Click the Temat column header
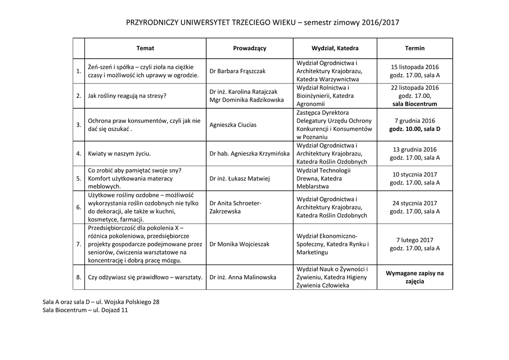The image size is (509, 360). pos(145,48)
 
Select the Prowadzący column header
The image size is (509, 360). pos(250,48)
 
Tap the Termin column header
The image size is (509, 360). pos(415,48)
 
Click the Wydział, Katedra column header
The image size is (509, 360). pos(335,48)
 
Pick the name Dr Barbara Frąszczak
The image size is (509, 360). pos(238,71)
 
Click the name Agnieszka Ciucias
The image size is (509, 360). pos(233,125)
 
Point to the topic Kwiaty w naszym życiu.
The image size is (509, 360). pos(119,154)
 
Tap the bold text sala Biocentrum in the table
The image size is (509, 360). pos(415,104)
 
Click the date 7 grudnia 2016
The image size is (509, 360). pos(415,120)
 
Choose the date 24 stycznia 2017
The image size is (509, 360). pos(415,203)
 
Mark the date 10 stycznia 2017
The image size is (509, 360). pos(415,174)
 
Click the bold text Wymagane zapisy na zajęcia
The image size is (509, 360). pos(415,277)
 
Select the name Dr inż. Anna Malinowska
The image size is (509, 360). pos(243,277)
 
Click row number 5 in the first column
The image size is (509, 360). pos(79,178)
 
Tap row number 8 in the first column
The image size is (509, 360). pos(79,277)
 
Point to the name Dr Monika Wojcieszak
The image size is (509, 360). pos(240,244)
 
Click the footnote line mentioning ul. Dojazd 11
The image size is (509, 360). pos(85,310)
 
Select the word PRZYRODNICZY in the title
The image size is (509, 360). pos(151,22)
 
